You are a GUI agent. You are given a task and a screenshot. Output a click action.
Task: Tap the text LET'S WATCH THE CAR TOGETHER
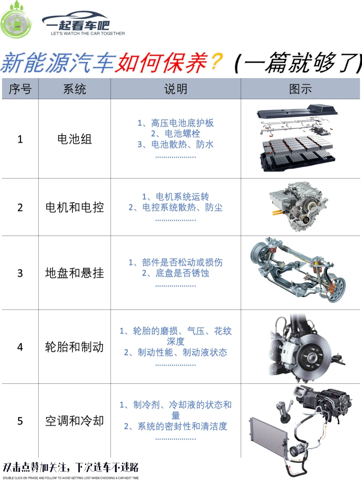pos(88,34)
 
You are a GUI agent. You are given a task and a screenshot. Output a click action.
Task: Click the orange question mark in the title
pos(217,62)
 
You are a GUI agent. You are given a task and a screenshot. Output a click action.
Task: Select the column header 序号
pos(20,89)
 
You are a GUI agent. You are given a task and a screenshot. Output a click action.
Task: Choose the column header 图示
pos(300,89)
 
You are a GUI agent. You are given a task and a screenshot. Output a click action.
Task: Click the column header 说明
pos(176,89)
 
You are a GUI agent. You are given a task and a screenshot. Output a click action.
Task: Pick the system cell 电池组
pos(74,139)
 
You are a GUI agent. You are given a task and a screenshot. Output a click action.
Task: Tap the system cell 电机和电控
pos(74,207)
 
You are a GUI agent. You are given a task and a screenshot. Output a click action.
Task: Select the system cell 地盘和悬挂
pos(74,273)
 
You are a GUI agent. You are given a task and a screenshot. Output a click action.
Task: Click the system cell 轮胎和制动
pos(74,347)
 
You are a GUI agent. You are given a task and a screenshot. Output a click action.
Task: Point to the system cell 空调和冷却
pos(74,421)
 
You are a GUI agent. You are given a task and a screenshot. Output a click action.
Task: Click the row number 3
pos(20,273)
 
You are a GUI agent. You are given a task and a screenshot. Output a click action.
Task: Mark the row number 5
pos(20,421)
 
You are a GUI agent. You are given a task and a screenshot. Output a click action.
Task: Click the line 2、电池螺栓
pos(176,133)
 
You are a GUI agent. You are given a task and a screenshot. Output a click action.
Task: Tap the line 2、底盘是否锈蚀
pos(176,273)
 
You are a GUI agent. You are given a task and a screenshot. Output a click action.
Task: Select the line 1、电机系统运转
pos(176,197)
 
